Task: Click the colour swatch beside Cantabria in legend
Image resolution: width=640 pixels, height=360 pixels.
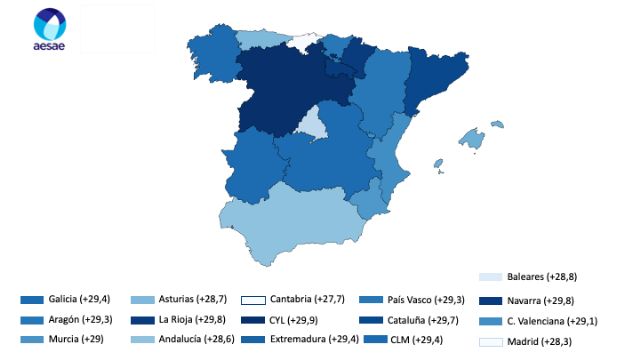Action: point(252,299)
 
